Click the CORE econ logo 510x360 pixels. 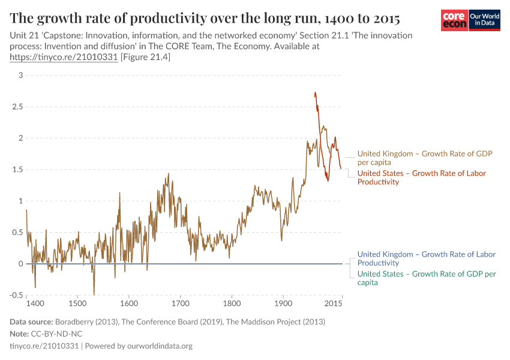click(x=454, y=20)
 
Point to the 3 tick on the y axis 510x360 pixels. click(x=20, y=75)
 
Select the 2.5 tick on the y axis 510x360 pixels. click(x=18, y=107)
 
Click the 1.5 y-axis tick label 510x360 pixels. click(x=18, y=170)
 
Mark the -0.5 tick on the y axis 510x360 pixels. click(x=16, y=295)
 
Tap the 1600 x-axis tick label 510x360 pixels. click(x=128, y=304)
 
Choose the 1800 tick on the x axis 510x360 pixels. click(x=231, y=304)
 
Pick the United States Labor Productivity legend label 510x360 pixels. click(x=421, y=178)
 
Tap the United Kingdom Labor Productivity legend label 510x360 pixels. click(x=426, y=259)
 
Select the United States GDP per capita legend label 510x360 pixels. click(x=426, y=278)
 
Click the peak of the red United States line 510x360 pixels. click(x=315, y=92)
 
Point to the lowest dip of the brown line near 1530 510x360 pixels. click(x=94, y=295)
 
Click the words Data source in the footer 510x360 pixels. click(x=32, y=322)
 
